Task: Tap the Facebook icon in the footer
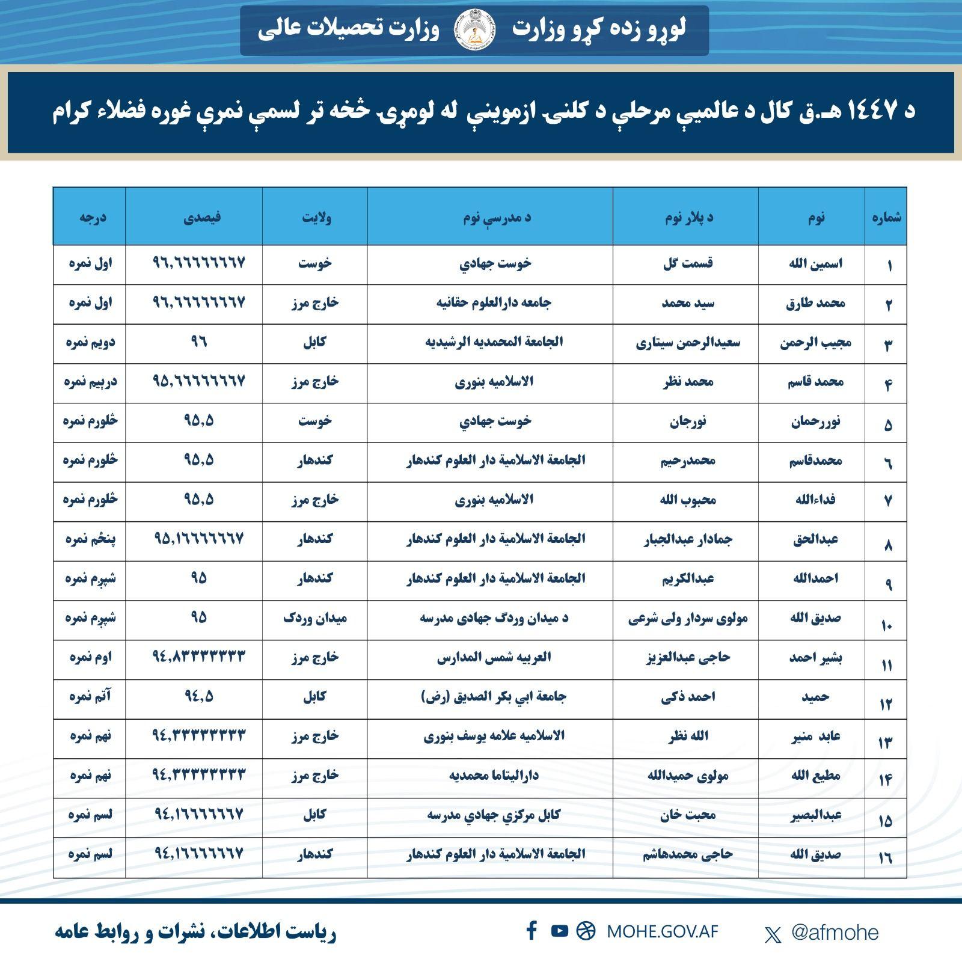532,931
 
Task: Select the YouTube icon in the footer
559,931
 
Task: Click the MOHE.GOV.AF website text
662,932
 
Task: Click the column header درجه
92,216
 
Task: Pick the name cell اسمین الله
815,263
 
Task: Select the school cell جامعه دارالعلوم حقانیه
494,302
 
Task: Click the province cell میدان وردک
315,618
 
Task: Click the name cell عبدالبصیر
816,815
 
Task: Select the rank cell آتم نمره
90,696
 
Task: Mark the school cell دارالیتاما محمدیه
494,775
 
